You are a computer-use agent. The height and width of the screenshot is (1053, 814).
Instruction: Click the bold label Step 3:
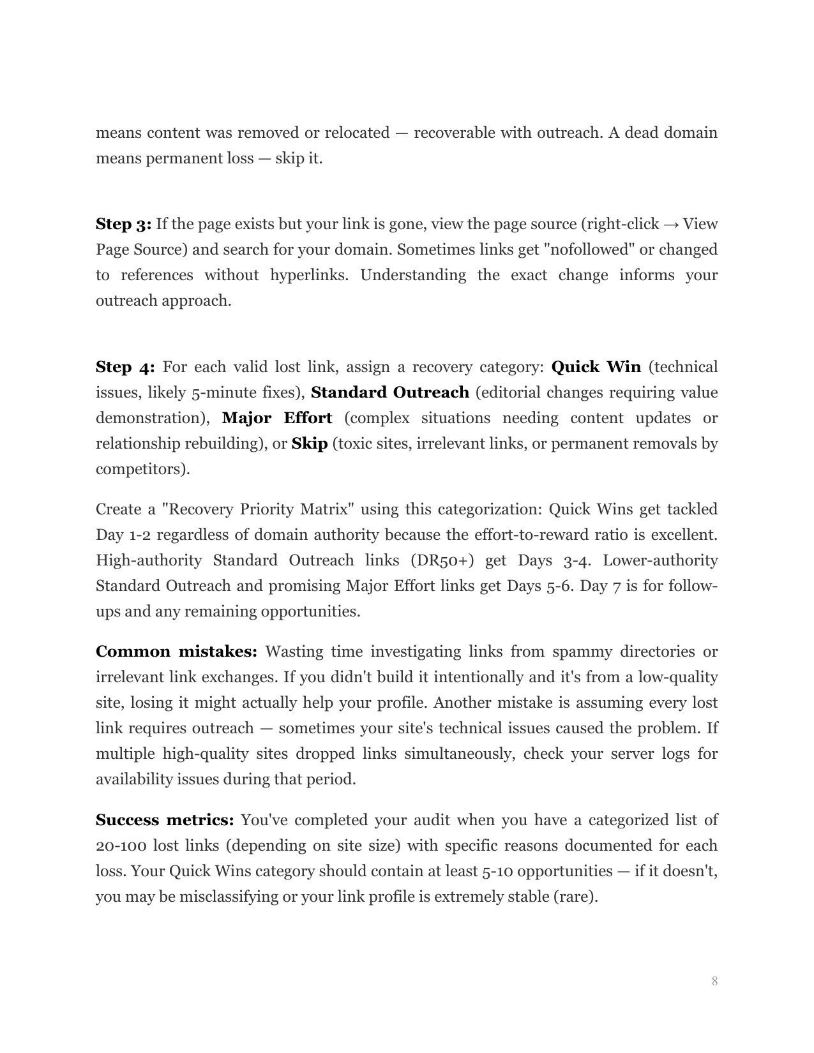point(123,224)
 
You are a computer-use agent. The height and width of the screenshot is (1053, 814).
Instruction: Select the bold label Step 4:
point(125,367)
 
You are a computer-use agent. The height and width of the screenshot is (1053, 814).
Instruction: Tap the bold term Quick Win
point(596,367)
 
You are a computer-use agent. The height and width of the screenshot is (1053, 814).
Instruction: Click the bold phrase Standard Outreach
point(389,392)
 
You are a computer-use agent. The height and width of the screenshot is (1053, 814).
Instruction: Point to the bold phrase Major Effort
point(276,418)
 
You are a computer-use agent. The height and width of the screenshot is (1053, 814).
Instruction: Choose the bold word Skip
point(309,444)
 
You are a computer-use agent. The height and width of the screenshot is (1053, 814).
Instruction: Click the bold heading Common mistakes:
point(176,652)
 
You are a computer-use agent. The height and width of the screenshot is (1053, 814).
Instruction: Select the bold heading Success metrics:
point(165,820)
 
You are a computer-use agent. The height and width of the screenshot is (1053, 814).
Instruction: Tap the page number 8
point(714,981)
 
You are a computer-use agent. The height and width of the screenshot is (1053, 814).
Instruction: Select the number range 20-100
point(121,846)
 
